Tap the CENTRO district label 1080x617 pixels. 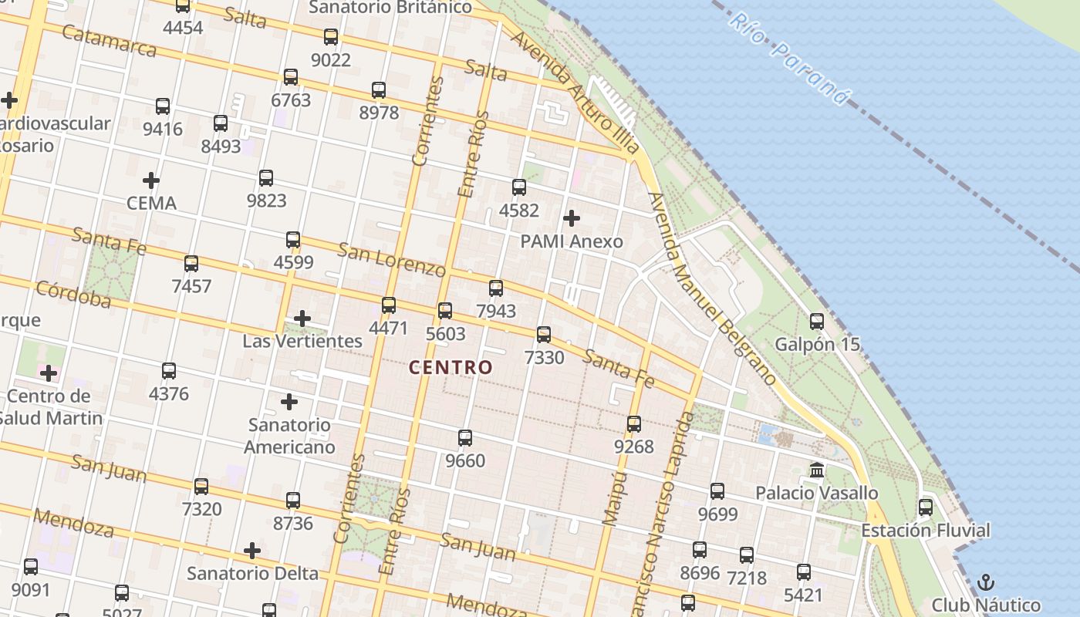pos(451,368)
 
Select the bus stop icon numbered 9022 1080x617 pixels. pos(331,36)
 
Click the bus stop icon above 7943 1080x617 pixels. pos(496,288)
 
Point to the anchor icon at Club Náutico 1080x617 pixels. pos(985,582)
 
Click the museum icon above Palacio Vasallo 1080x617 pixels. pos(816,470)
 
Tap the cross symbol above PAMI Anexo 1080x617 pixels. pos(572,218)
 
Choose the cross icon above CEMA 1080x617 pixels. pos(151,181)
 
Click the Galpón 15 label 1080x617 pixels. pos(817,344)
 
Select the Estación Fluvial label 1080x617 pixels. pos(925,531)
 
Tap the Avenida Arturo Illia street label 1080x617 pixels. pos(575,93)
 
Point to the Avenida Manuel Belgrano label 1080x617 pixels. pos(711,289)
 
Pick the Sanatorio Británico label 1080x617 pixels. pos(390,8)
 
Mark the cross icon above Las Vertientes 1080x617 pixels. pos(302,318)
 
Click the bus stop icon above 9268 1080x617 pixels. pos(634,423)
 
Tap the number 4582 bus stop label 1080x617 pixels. pos(519,210)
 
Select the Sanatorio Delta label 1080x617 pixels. pos(252,574)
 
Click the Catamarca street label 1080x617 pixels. pos(109,41)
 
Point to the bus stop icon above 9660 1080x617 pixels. pos(465,438)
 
